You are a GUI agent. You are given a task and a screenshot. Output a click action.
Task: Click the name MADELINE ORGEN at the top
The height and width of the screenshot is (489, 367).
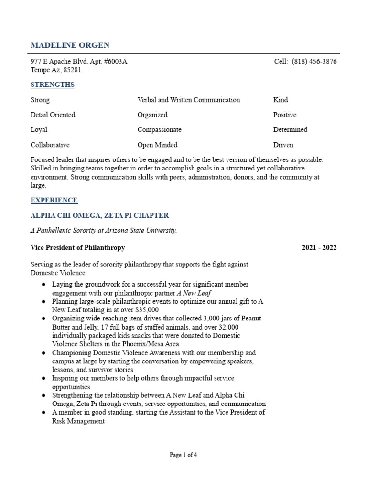pos(70,45)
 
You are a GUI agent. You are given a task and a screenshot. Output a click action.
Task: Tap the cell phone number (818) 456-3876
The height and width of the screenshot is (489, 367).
pos(314,62)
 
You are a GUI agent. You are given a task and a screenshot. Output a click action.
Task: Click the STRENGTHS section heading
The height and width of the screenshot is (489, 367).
pos(53,85)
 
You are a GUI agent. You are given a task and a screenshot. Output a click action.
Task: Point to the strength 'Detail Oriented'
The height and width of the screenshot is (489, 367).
pos(53,115)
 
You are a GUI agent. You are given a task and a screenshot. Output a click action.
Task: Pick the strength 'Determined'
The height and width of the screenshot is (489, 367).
pos(290,129)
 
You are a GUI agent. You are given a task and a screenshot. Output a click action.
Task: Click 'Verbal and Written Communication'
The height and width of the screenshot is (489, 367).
pos(188,100)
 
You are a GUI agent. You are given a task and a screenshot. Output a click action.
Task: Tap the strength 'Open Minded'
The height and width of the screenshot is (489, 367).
pos(157,145)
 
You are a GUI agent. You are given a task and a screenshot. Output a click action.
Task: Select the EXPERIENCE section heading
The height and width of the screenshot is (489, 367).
pos(54,200)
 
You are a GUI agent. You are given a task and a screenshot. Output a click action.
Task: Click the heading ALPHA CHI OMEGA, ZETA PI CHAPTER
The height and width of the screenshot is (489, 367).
pos(99,215)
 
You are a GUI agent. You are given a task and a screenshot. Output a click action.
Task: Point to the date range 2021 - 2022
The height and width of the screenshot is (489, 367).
pos(319,247)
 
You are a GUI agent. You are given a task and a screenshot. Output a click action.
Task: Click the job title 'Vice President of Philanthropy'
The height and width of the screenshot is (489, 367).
pos(77,247)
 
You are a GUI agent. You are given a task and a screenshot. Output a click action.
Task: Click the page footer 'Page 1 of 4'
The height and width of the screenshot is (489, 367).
pos(183,455)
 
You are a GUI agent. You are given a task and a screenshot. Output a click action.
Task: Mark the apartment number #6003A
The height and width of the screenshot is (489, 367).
pos(114,62)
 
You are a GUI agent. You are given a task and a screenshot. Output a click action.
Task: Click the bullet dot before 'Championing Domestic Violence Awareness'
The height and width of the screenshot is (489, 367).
pos(43,353)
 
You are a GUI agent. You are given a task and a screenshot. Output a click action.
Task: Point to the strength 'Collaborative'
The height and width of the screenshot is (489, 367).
pos(50,145)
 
